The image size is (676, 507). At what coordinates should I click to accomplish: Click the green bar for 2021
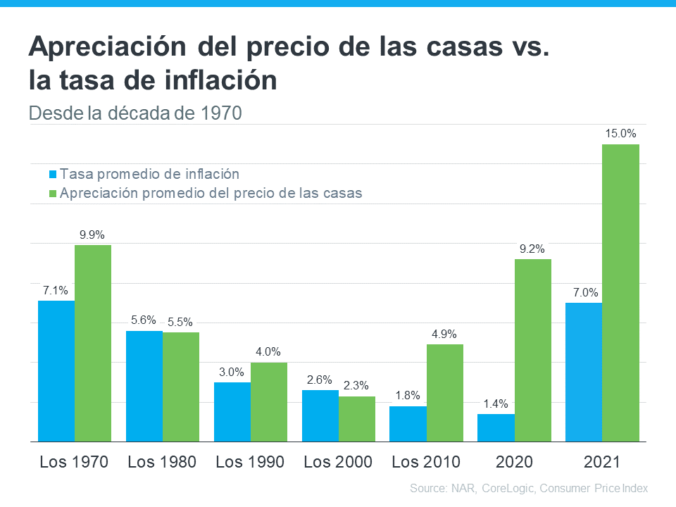[620, 293]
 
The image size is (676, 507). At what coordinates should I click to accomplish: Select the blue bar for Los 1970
[56, 371]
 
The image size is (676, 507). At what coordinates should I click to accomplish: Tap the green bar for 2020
[532, 350]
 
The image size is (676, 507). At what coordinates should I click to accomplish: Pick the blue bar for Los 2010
[408, 424]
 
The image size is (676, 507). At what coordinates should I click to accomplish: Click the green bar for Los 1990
[268, 402]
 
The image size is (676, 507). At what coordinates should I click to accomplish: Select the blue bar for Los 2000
[320, 415]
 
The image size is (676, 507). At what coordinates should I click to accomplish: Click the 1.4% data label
[496, 403]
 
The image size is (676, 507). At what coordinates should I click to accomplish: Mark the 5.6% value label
[144, 320]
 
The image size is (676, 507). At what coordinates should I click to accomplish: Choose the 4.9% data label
[444, 334]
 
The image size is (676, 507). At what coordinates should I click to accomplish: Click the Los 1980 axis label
[162, 462]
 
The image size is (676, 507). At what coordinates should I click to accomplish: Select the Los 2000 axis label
[338, 462]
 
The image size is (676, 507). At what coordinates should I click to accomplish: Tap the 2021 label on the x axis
[602, 462]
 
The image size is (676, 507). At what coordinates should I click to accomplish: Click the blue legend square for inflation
[52, 174]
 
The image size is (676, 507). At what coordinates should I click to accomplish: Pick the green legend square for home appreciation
[52, 193]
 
